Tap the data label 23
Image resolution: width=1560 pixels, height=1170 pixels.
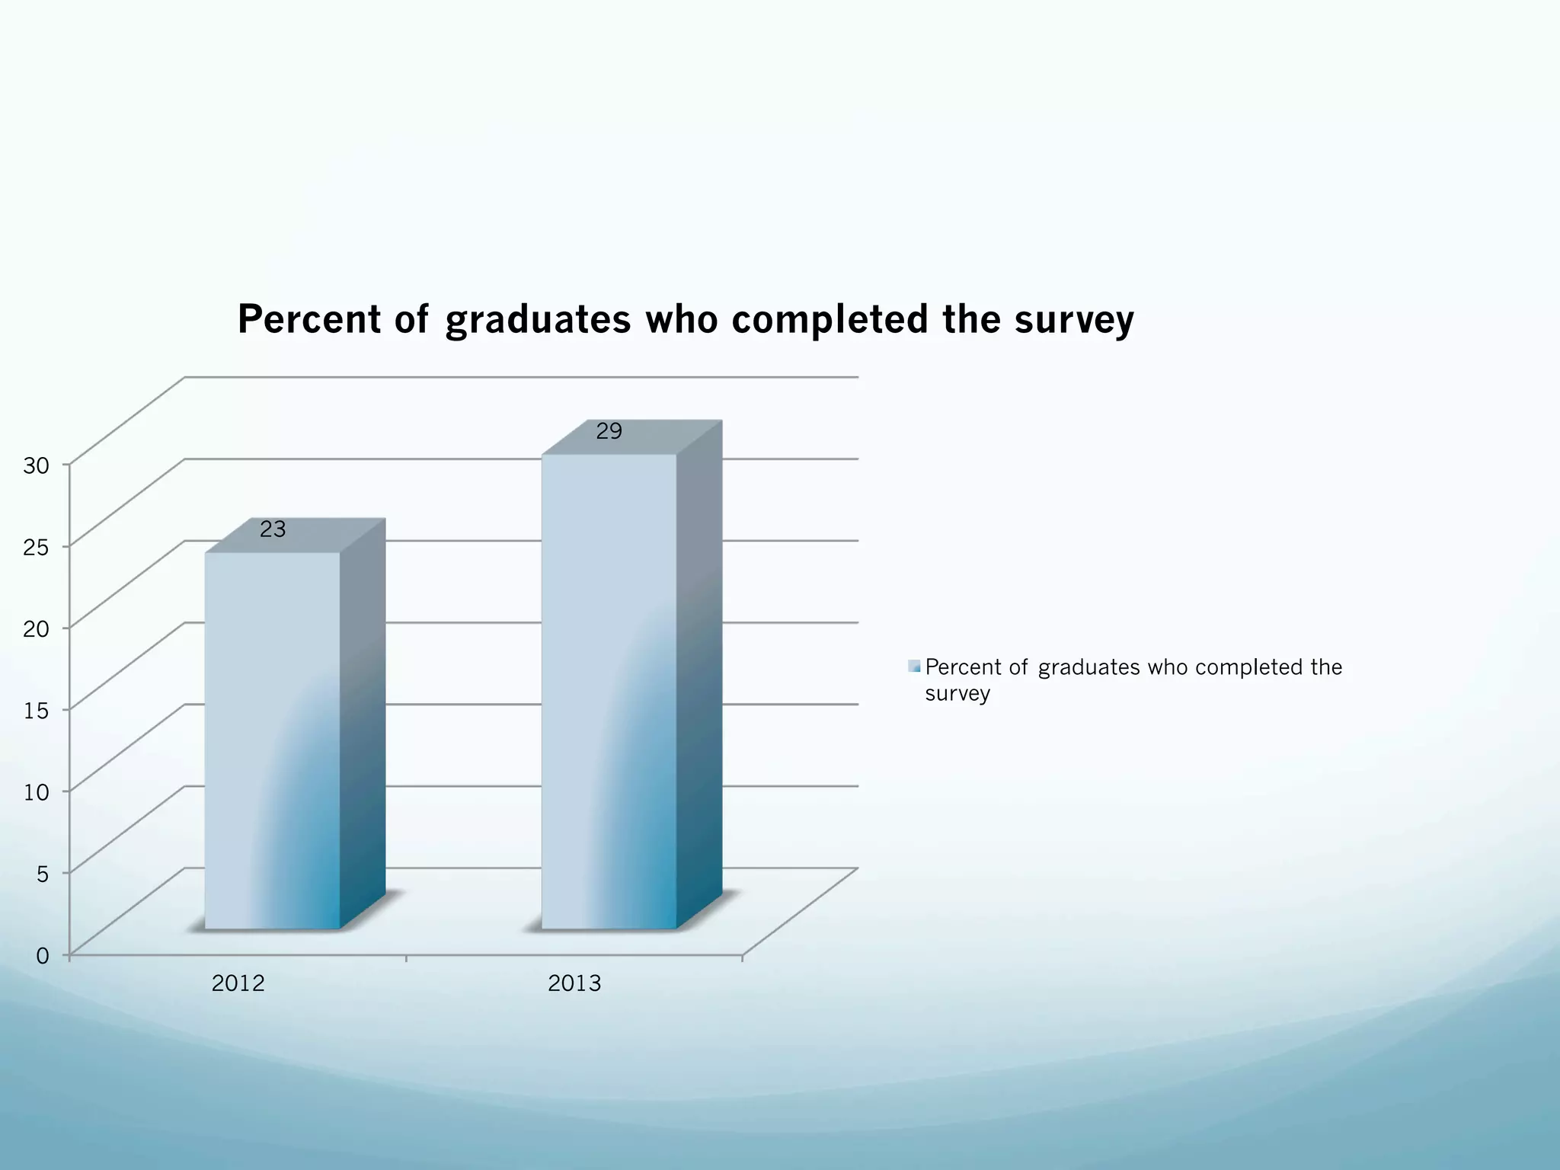273,529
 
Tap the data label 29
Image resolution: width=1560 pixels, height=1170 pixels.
609,431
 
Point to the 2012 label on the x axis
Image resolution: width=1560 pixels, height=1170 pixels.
238,983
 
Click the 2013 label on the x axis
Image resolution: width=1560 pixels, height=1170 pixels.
574,983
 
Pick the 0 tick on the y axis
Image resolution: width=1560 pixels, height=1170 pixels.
43,955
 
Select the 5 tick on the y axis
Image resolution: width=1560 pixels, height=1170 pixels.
43,874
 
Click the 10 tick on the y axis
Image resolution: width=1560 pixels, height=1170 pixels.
36,792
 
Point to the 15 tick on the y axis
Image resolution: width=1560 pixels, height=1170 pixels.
36,711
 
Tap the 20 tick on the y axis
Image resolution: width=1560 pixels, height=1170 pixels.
36,629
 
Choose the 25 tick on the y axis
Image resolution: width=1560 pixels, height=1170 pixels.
36,547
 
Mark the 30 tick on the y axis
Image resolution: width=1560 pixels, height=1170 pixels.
36,465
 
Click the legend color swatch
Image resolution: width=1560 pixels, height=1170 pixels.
914,667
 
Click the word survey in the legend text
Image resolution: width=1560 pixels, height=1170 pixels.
957,694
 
